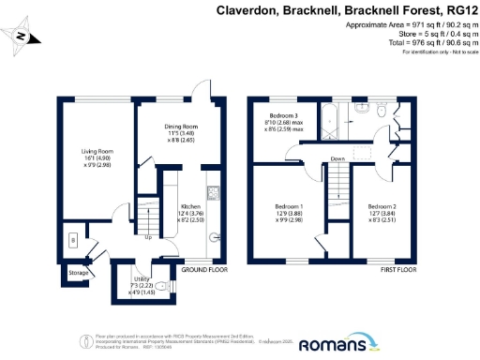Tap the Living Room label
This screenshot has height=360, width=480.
pos(82,160)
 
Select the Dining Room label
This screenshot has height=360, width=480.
pos(160,132)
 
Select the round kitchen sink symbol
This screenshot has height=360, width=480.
pos(215,237)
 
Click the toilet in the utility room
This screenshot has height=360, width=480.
pos(161,286)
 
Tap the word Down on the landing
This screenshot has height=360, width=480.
pos(337,158)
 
